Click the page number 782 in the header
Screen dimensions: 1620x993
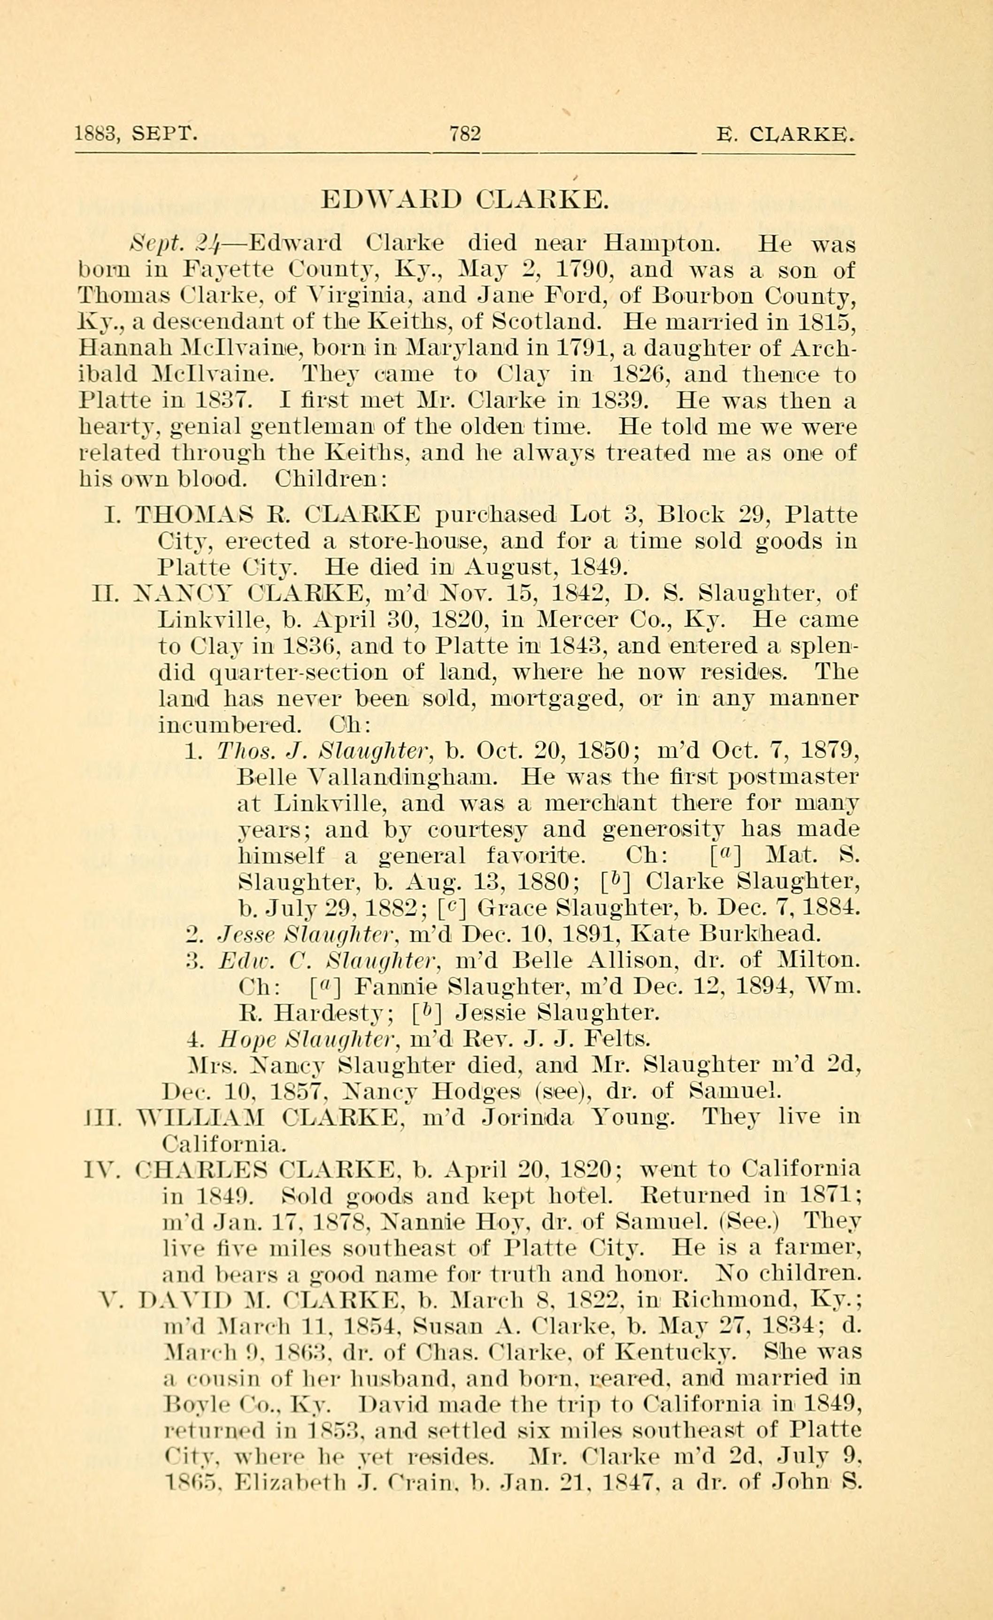(x=465, y=134)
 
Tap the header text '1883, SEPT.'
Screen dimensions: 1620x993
(x=136, y=134)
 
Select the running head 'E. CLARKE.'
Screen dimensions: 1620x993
(x=786, y=135)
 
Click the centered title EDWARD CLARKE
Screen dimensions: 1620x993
(x=463, y=199)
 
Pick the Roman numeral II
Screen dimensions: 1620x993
(x=107, y=594)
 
